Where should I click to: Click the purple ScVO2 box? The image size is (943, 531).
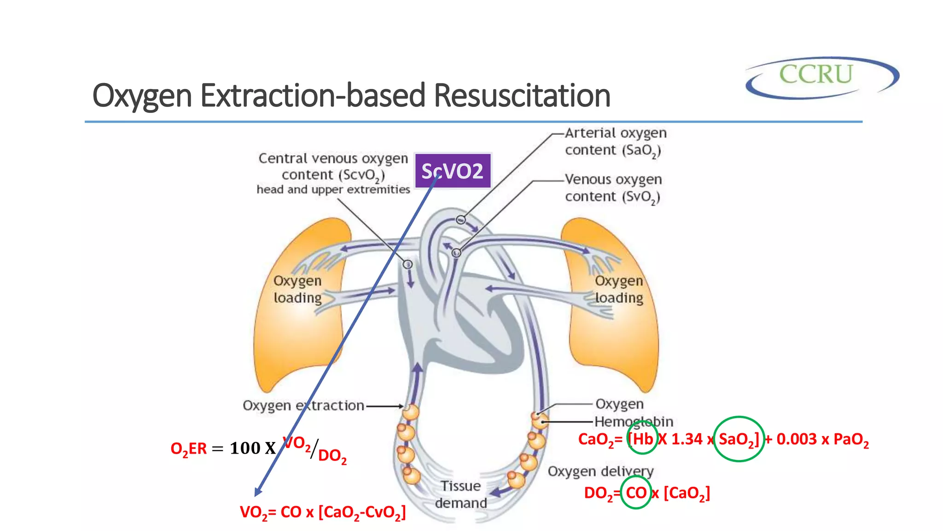point(452,171)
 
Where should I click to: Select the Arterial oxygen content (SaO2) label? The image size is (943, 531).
point(615,142)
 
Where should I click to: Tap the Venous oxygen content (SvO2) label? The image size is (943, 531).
point(613,188)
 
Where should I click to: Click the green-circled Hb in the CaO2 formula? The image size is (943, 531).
point(642,438)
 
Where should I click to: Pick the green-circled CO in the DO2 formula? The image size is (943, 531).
point(636,492)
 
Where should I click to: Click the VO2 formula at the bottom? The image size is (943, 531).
point(323,512)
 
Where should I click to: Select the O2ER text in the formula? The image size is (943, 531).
point(188,448)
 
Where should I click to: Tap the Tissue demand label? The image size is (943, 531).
point(460,494)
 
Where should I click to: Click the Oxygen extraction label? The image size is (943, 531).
point(303,406)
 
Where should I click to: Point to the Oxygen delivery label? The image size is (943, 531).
point(600,472)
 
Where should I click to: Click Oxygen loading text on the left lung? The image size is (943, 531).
point(297,289)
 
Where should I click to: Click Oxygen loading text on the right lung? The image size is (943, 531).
point(619,289)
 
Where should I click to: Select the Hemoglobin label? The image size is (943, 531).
point(634,421)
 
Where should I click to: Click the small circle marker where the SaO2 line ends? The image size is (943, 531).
point(461,220)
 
